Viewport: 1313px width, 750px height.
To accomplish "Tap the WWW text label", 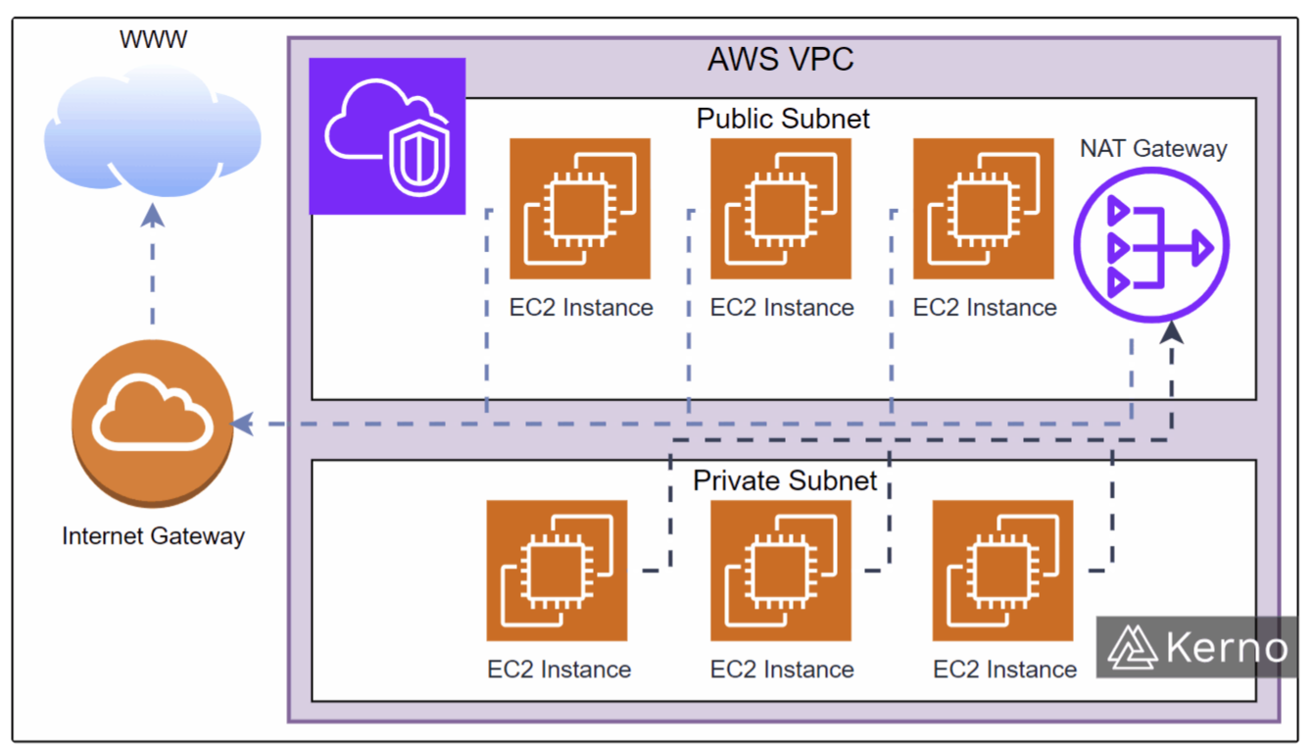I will click(x=153, y=40).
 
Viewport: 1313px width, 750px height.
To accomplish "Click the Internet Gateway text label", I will click(x=153, y=536).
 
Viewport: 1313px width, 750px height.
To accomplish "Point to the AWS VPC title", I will click(x=781, y=60).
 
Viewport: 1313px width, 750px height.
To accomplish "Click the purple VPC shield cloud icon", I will click(x=387, y=136).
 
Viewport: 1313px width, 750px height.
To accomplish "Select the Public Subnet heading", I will click(x=783, y=119).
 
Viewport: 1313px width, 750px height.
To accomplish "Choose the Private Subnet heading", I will click(x=785, y=481).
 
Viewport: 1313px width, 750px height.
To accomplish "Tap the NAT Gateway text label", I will click(x=1153, y=149).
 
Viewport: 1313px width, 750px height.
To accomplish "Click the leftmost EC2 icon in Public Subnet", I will click(x=580, y=209).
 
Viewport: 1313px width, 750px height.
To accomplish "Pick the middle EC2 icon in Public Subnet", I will click(x=781, y=209).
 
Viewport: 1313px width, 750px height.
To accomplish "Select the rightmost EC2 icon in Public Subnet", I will click(x=983, y=209).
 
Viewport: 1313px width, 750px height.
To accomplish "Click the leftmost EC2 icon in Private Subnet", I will click(x=557, y=571).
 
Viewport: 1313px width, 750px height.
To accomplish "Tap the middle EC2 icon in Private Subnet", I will click(x=781, y=571).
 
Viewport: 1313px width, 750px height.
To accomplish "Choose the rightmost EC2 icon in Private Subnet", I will click(x=1002, y=571).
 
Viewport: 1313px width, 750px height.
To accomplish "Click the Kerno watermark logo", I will click(x=1197, y=647).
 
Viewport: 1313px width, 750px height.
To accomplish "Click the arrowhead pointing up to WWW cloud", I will click(x=153, y=215).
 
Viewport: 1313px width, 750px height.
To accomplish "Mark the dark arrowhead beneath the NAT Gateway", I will click(x=1172, y=333).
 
